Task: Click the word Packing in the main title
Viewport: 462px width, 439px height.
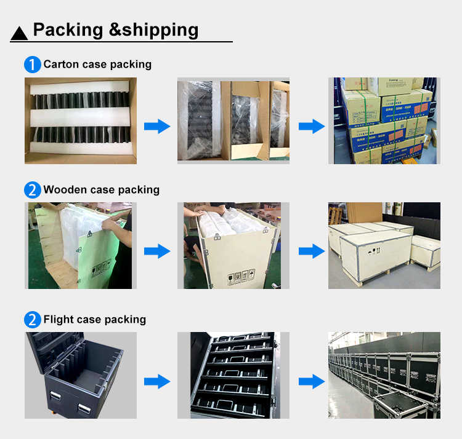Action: (68, 30)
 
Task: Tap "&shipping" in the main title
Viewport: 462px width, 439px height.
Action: (153, 30)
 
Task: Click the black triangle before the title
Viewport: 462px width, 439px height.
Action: (20, 33)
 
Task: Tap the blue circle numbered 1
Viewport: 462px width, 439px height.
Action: (32, 65)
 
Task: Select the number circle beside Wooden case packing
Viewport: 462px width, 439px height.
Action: (32, 190)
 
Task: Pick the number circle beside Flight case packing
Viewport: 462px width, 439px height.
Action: (32, 320)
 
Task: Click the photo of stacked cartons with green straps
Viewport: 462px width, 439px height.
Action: (384, 121)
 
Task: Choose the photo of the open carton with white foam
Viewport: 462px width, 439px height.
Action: (81, 121)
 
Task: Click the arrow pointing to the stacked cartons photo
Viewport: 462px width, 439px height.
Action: (312, 127)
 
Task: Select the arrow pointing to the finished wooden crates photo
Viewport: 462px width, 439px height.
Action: (312, 251)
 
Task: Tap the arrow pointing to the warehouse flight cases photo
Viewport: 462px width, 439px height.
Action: (312, 381)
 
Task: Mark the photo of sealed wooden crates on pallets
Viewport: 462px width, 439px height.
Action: (384, 245)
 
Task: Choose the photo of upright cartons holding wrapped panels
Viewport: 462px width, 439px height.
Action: (233, 121)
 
